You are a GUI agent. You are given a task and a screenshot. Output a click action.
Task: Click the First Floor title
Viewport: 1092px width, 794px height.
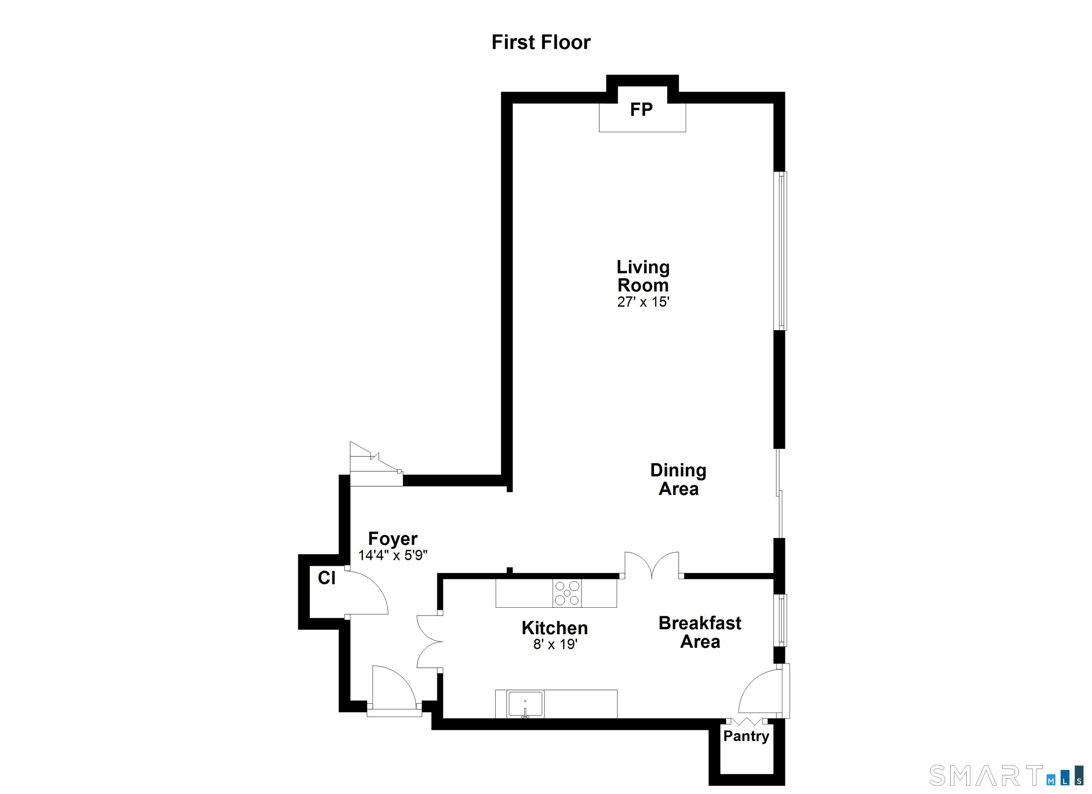click(x=541, y=42)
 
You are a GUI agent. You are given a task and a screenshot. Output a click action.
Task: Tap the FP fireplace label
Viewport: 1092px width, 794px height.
click(x=641, y=110)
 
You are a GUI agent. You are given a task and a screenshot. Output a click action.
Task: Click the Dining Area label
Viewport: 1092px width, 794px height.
click(x=678, y=479)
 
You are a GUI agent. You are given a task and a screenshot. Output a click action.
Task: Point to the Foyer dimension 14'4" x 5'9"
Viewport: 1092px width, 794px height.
click(x=392, y=555)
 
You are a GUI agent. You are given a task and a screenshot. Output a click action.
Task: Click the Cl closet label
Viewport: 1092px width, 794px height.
click(x=326, y=578)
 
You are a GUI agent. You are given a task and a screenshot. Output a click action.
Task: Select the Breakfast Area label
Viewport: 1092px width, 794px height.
click(x=700, y=632)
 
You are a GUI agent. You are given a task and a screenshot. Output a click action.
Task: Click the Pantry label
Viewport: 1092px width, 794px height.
click(x=746, y=736)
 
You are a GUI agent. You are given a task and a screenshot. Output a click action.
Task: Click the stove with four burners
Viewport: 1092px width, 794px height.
click(x=567, y=593)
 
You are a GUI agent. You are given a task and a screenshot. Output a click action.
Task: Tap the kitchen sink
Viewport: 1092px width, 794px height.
click(x=525, y=704)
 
